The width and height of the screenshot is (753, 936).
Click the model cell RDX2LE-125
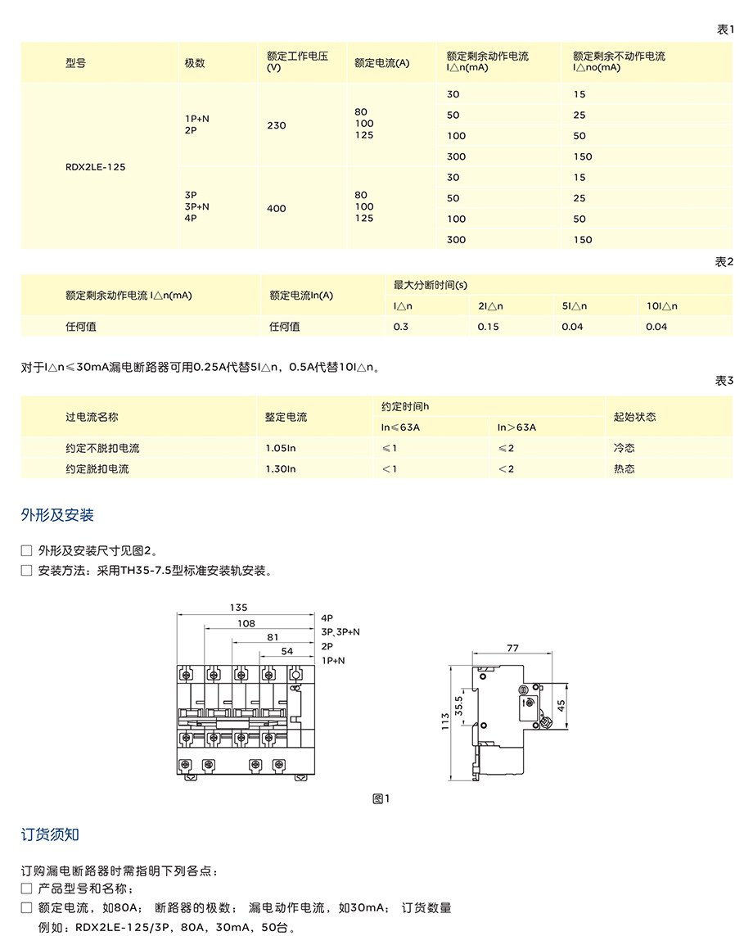click(96, 166)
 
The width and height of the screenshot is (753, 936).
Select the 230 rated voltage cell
click(277, 125)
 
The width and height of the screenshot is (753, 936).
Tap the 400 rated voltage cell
click(277, 208)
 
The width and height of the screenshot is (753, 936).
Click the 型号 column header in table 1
click(75, 62)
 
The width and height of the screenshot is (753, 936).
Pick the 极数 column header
click(194, 62)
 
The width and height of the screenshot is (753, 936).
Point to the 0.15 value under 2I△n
click(488, 326)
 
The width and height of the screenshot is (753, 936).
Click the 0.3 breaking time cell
click(401, 326)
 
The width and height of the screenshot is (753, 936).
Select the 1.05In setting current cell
click(280, 448)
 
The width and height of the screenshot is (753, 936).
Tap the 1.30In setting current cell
click(280, 468)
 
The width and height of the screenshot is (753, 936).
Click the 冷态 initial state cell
click(624, 448)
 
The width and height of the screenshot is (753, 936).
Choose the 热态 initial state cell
click(624, 468)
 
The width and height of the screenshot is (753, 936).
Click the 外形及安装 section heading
click(57, 515)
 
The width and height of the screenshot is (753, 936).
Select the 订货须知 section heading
click(50, 834)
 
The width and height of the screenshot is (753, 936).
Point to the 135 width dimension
click(238, 608)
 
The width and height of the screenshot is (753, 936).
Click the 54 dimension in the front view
click(286, 650)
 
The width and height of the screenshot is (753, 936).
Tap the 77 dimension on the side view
click(512, 648)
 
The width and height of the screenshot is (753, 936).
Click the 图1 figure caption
click(381, 798)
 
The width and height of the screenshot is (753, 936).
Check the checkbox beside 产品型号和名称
click(26, 889)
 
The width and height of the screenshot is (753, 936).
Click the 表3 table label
click(724, 381)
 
